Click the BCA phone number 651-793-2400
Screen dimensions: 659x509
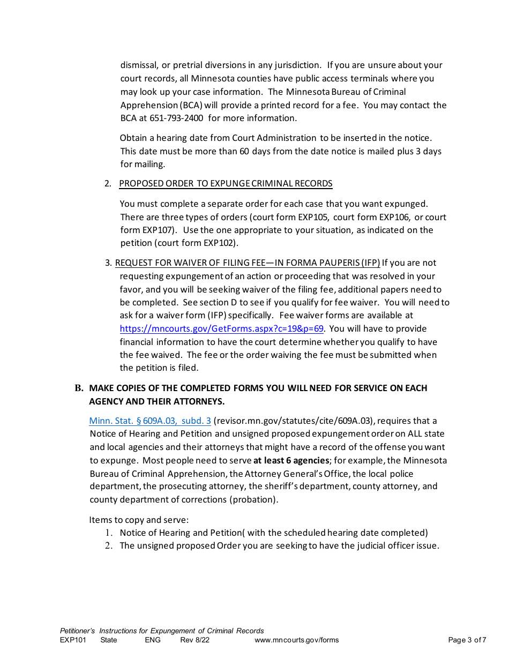click(177, 118)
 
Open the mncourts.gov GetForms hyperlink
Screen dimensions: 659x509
click(221, 328)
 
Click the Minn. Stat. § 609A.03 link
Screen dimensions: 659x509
click(149, 421)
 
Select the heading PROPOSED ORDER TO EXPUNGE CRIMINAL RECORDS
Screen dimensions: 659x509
click(226, 183)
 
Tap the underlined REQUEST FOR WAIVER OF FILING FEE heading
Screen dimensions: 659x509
click(247, 263)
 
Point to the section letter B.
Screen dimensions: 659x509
click(79, 388)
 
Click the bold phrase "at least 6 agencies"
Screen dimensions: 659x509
click(291, 460)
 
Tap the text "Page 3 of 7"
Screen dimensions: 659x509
click(467, 640)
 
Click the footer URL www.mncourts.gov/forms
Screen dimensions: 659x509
click(296, 640)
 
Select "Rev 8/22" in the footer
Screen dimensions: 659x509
click(194, 640)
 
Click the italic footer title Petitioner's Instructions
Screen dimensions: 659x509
click(162, 631)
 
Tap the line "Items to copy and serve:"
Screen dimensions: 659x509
click(139, 520)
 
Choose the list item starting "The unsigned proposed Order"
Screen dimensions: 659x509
click(279, 545)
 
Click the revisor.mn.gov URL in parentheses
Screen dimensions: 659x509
click(293, 421)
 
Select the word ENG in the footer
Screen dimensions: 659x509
click(152, 640)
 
